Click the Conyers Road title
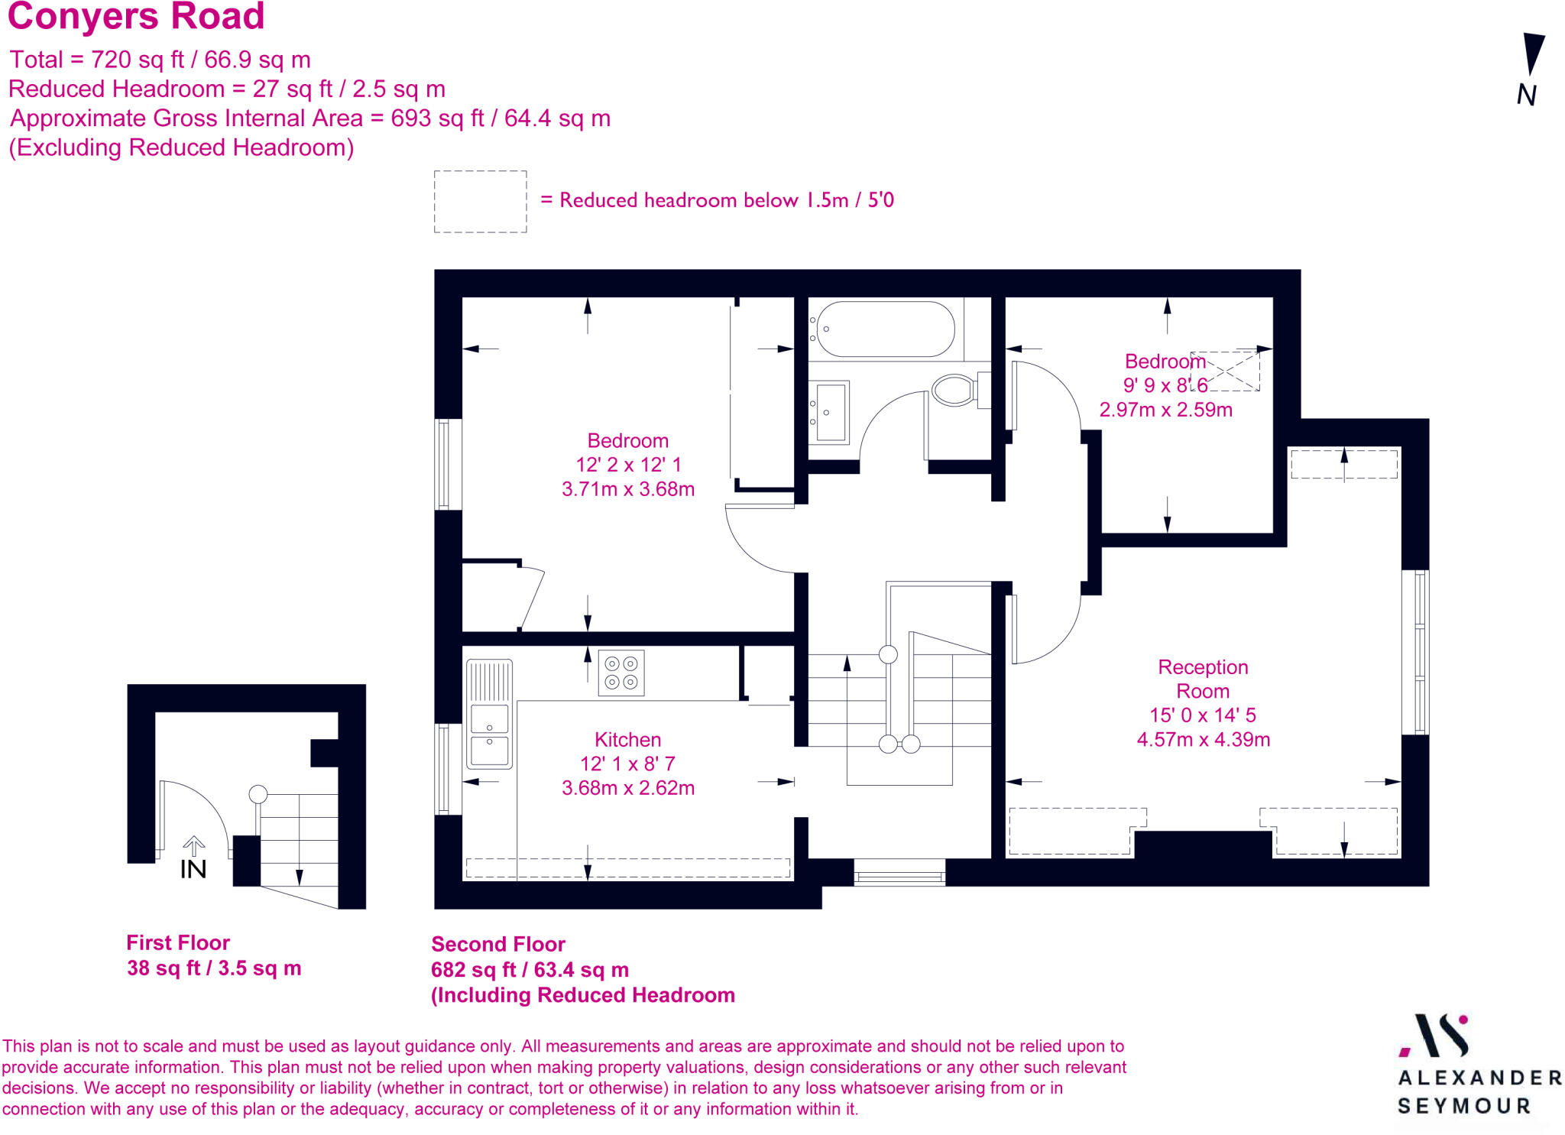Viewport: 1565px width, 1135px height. [136, 17]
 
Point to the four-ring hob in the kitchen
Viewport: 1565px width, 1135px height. [621, 673]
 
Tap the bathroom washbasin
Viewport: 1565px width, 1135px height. [830, 412]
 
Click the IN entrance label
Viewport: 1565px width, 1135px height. [193, 869]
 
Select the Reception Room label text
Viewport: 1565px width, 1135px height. [1203, 679]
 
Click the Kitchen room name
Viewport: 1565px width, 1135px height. [627, 740]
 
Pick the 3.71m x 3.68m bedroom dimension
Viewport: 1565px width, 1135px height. [627, 489]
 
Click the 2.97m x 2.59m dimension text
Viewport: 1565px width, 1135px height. [1165, 410]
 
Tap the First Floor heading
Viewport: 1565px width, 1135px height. [178, 942]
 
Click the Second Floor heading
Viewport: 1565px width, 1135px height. [498, 944]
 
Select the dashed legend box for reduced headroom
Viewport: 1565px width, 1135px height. [480, 202]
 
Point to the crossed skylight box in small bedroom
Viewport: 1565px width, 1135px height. [1225, 371]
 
